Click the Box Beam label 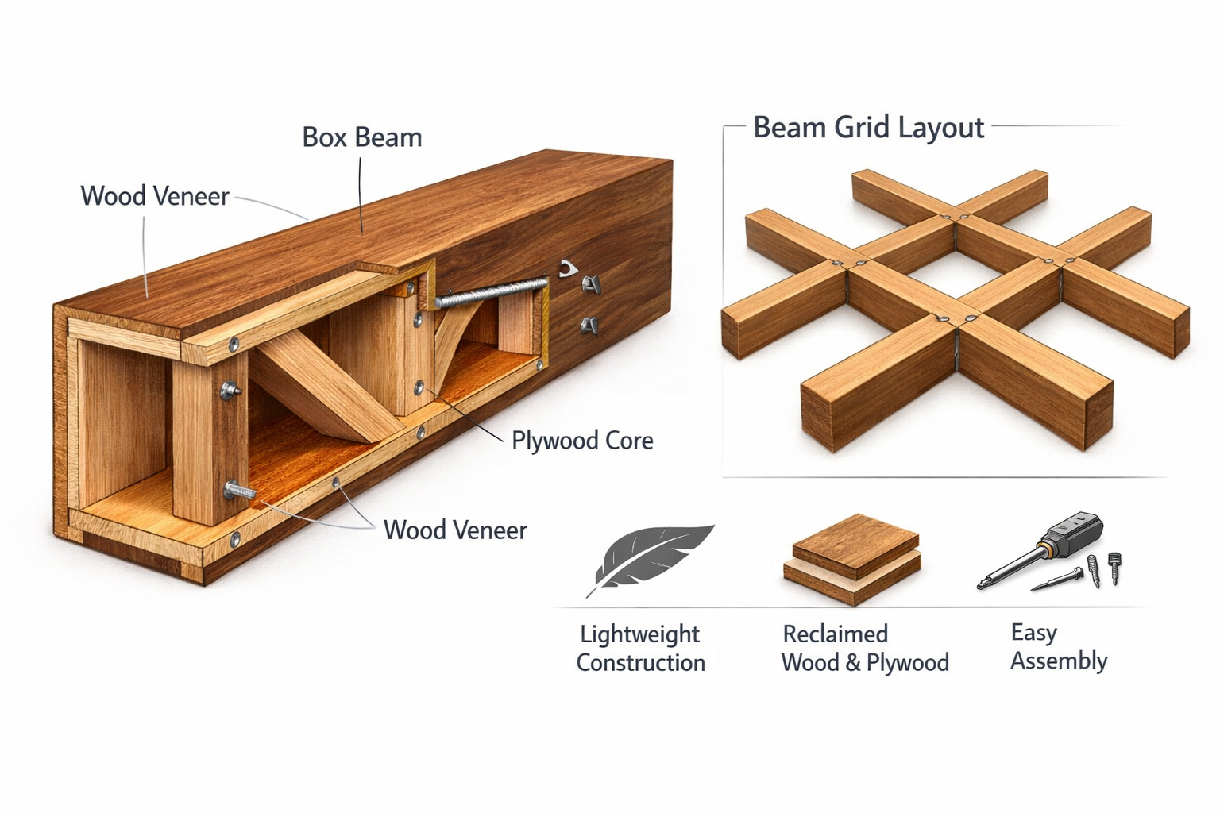point(361,137)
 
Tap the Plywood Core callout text point(581,441)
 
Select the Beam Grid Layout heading point(868,128)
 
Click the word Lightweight point(639,634)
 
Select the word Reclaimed point(835,634)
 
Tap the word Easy point(1033,633)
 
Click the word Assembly point(1058,661)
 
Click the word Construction point(640,663)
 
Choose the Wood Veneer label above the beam point(155,196)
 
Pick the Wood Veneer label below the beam point(454,530)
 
